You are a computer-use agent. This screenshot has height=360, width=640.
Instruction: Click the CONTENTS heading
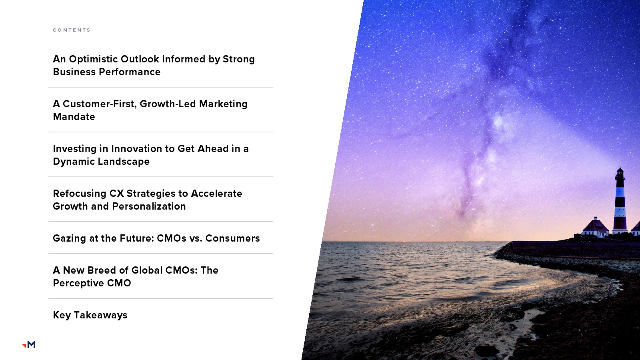coord(72,30)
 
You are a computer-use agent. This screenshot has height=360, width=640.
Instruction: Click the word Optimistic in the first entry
coord(93,59)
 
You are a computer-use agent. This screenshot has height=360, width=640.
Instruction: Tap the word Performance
coord(130,72)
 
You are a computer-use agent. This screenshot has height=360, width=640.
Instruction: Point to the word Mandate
coord(74,116)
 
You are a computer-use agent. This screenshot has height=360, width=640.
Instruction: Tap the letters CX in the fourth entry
coord(116,194)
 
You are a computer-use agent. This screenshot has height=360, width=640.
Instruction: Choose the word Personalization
coord(149,206)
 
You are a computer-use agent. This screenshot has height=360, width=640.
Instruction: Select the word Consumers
coord(232,238)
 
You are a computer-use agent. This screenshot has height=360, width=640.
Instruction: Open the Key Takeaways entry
coord(90,315)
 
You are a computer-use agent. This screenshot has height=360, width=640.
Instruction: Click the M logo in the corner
coord(29,344)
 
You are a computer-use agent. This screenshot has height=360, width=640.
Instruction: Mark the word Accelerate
coord(216,194)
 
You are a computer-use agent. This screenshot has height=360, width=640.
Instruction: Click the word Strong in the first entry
coord(238,60)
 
